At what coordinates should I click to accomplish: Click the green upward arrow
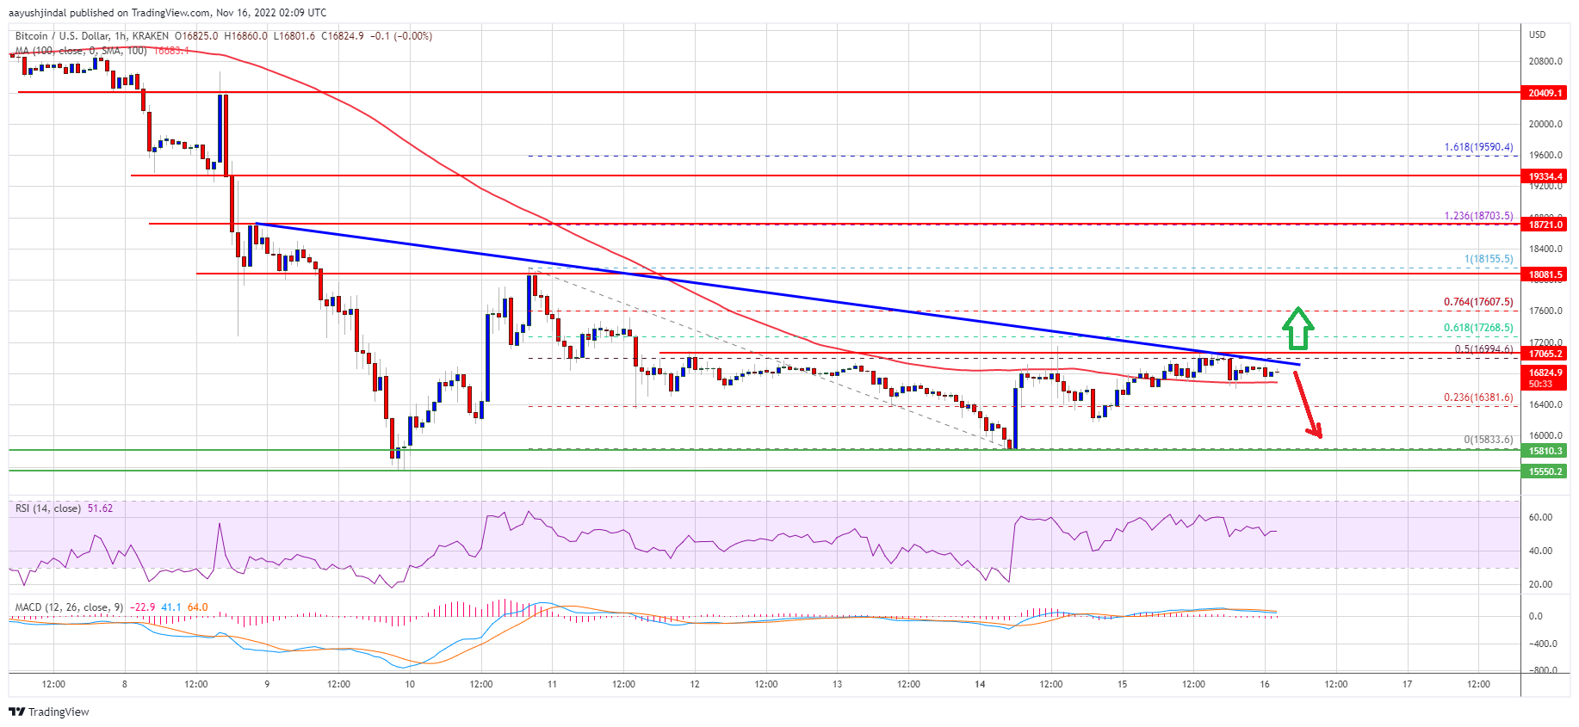pos(1297,329)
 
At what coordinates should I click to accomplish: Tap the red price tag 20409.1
pos(1545,93)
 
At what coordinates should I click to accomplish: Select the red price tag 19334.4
pos(1545,176)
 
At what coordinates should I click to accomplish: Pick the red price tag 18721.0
pos(1545,225)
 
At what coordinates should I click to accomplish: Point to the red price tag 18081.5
pos(1545,274)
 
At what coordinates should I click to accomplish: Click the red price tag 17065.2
pos(1545,354)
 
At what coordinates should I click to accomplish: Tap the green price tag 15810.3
pos(1545,451)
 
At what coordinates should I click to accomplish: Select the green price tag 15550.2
pos(1545,471)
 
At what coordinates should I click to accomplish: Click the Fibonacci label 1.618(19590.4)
pos(1478,147)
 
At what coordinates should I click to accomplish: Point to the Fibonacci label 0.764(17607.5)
pos(1478,303)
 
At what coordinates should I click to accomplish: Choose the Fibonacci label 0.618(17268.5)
pos(1478,328)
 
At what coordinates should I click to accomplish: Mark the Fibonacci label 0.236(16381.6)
pos(1478,398)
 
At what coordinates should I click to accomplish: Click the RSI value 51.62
pos(100,508)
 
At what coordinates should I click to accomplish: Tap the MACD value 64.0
pos(197,607)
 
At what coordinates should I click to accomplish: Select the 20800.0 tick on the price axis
pos(1545,61)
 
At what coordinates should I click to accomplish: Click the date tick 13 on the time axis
pos(837,685)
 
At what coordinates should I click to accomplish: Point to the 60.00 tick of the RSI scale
pos(1540,518)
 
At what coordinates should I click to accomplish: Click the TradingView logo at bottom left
pos(49,712)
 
